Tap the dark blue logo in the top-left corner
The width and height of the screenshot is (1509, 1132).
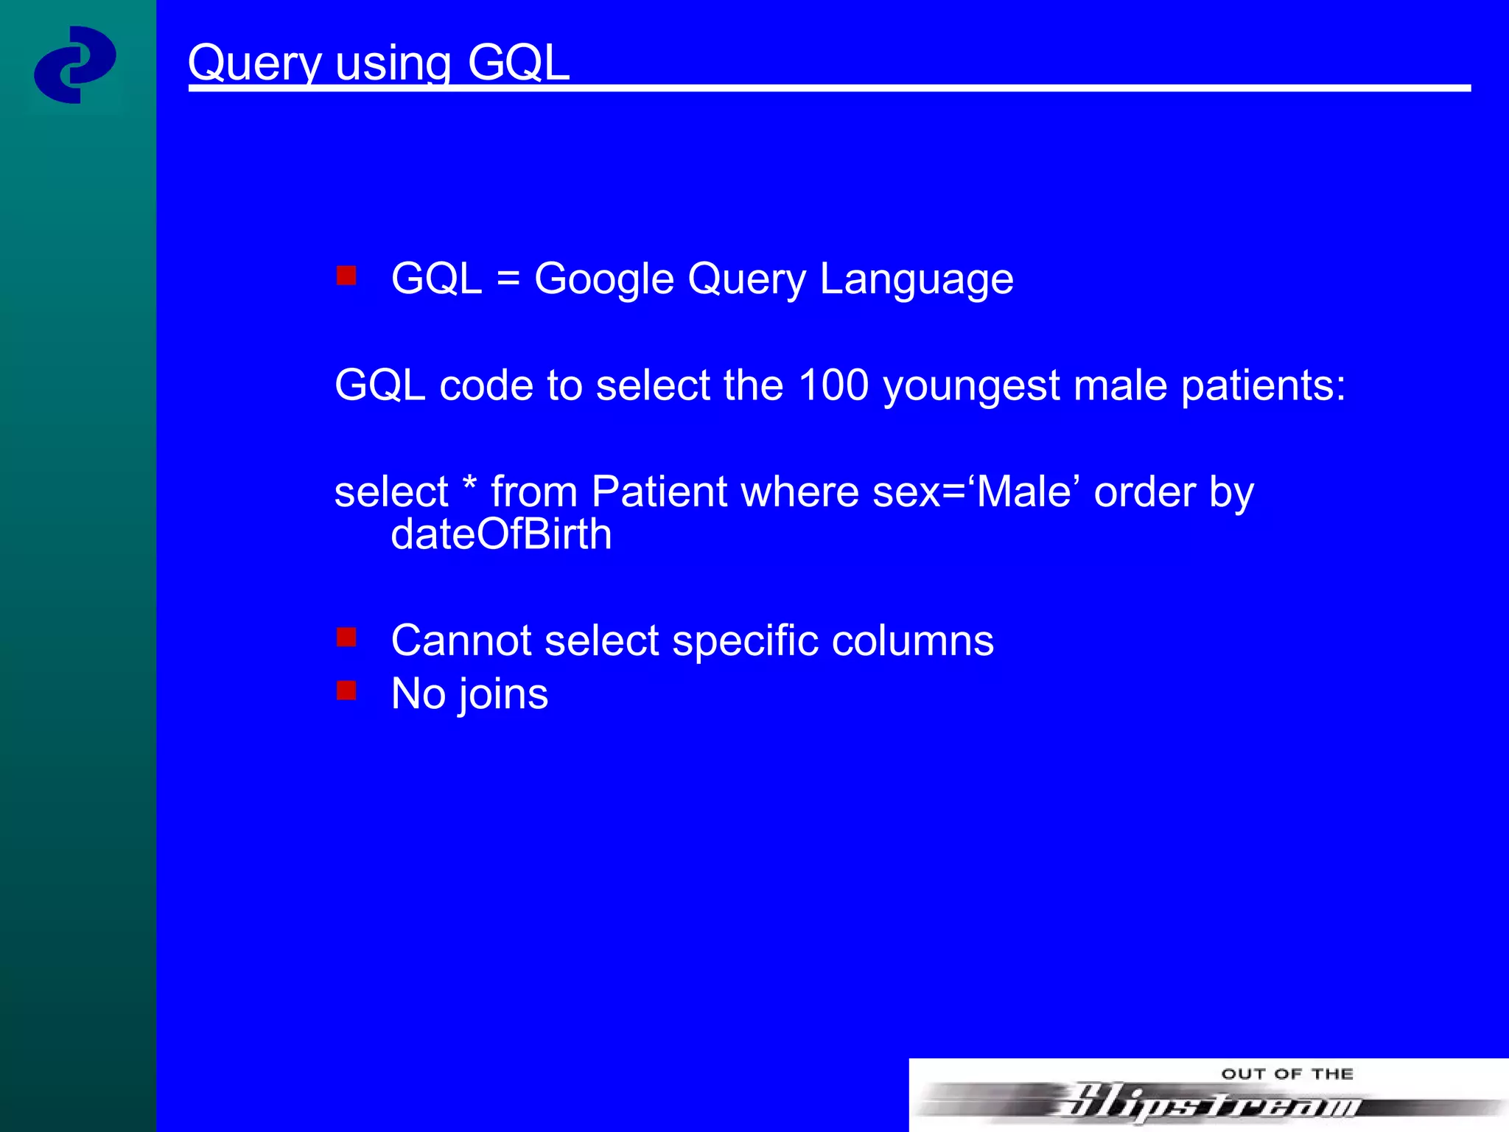pyautogui.click(x=75, y=65)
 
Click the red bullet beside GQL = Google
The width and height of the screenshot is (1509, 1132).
pyautogui.click(x=346, y=276)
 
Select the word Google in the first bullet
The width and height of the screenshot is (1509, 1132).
pyautogui.click(x=604, y=279)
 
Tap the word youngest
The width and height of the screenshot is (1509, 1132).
pyautogui.click(x=971, y=386)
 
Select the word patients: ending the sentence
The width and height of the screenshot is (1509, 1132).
pyautogui.click(x=1263, y=386)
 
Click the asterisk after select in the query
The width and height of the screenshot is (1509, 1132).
pyautogui.click(x=469, y=486)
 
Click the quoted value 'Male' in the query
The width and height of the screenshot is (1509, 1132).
pyautogui.click(x=1023, y=492)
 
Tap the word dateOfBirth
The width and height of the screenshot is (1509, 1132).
pyautogui.click(x=501, y=534)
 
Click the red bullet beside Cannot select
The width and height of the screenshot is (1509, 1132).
pyautogui.click(x=346, y=637)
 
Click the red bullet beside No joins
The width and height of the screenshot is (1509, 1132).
pyautogui.click(x=346, y=691)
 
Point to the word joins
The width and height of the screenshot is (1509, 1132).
pyautogui.click(x=503, y=694)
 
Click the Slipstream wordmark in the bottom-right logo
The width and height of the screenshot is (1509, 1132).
pyautogui.click(x=1208, y=1103)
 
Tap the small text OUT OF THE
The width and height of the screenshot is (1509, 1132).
pyautogui.click(x=1287, y=1074)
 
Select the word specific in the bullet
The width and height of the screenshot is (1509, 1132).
pyautogui.click(x=745, y=640)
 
